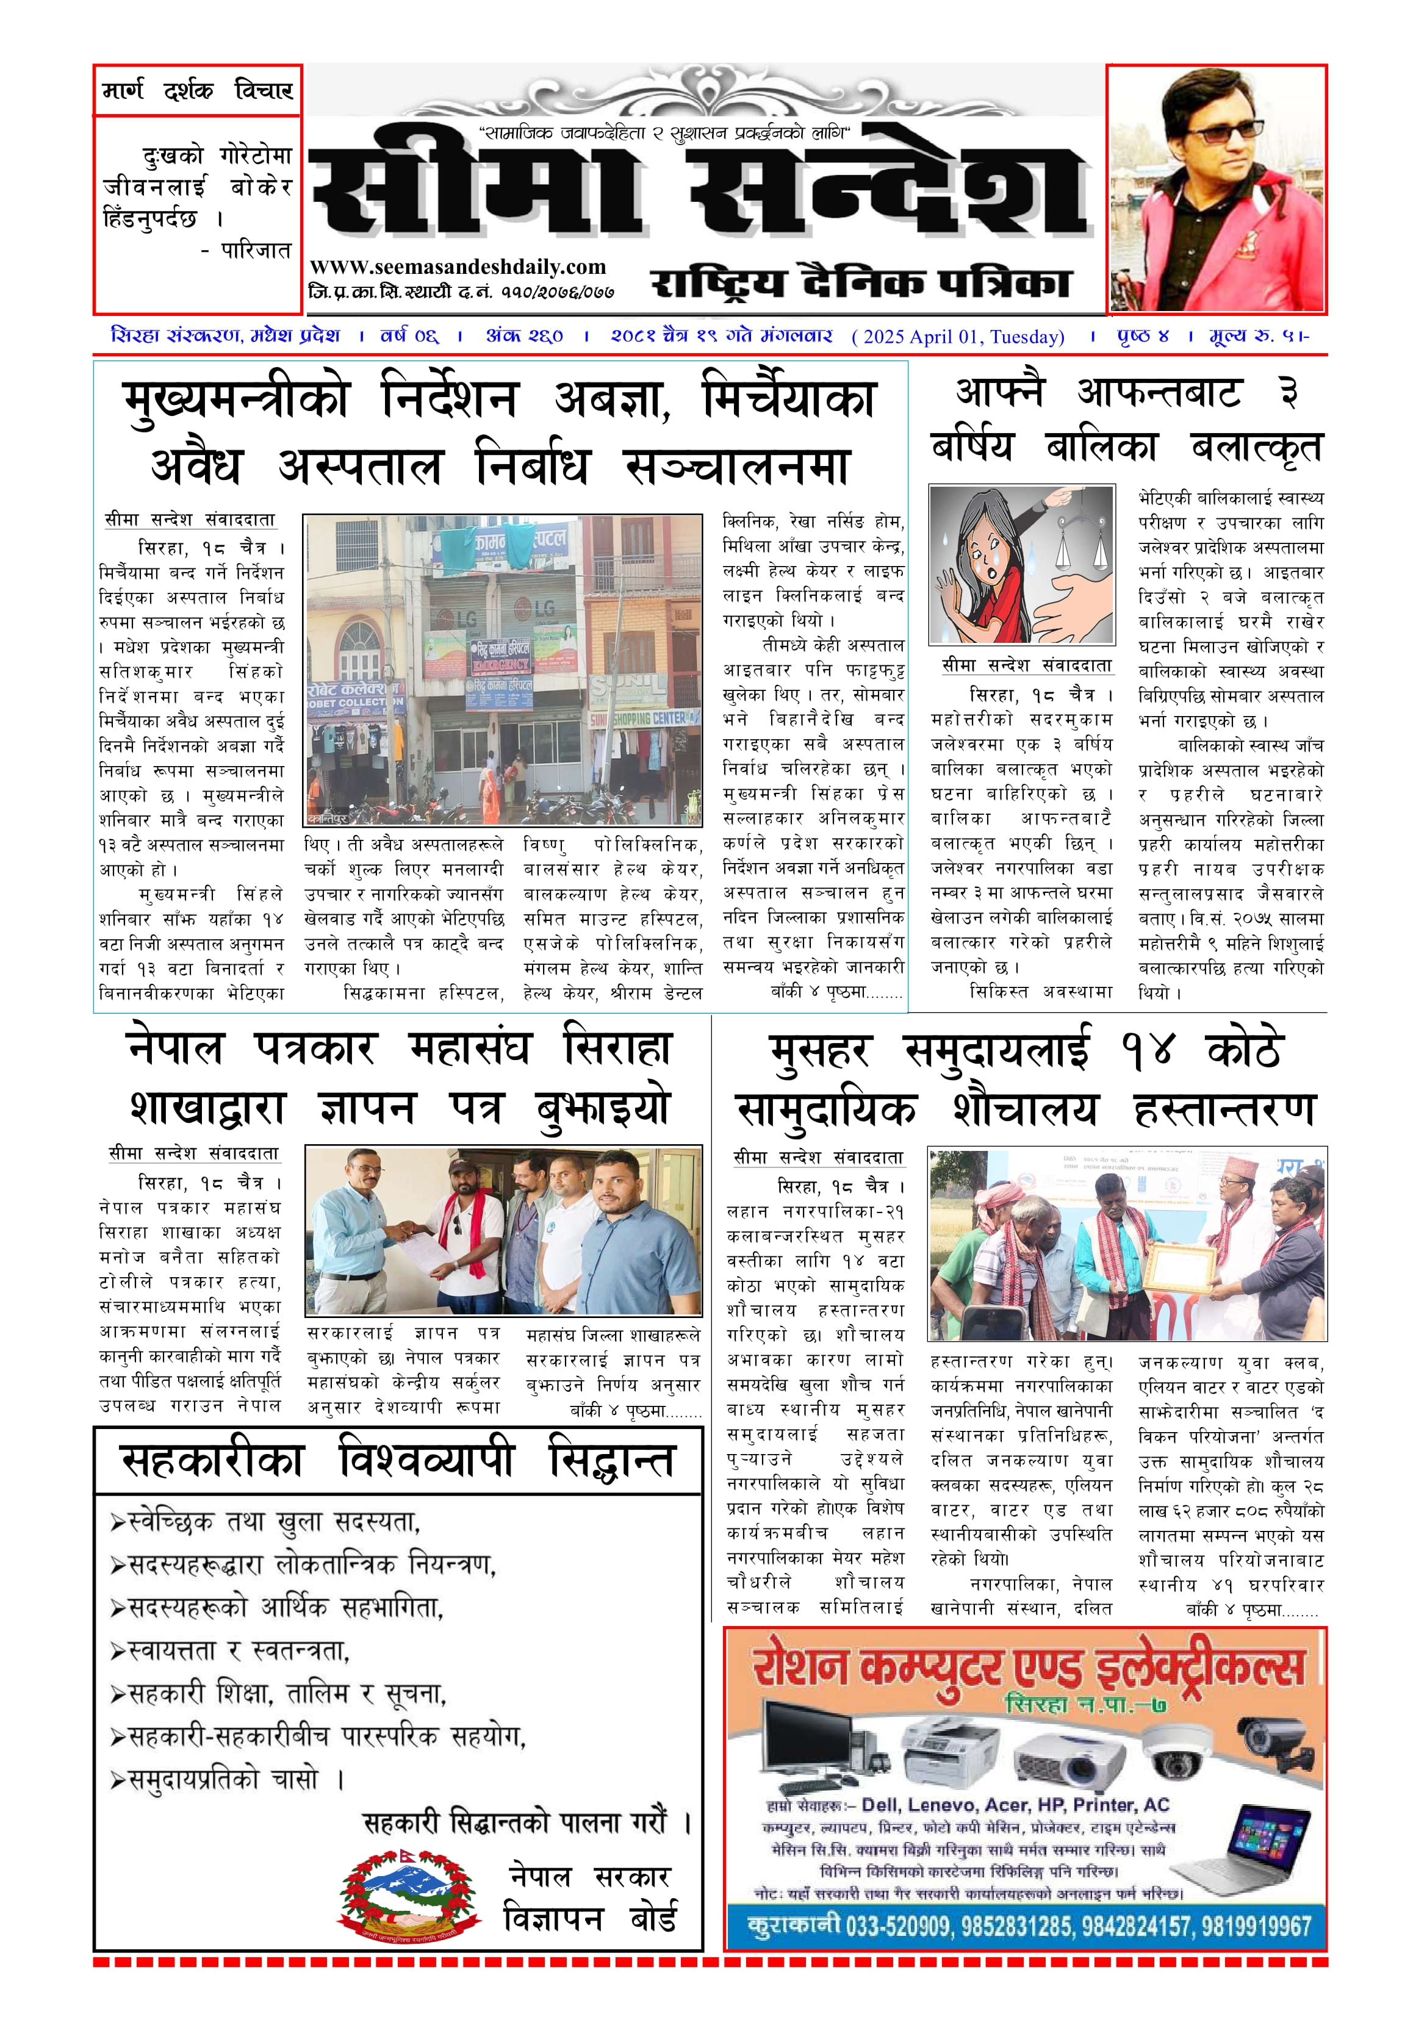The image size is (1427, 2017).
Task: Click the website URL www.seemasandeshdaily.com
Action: pyautogui.click(x=458, y=267)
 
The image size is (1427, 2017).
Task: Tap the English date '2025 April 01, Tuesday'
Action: pyautogui.click(x=958, y=337)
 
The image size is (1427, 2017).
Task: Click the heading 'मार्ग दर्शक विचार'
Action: pyautogui.click(x=198, y=90)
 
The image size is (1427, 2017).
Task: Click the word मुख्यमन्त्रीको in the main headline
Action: pyautogui.click(x=237, y=399)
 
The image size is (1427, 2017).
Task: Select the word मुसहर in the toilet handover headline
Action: pyautogui.click(x=819, y=1051)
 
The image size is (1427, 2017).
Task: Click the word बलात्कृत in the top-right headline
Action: pyautogui.click(x=1257, y=449)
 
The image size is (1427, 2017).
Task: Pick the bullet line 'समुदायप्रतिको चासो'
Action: pyautogui.click(x=223, y=1779)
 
